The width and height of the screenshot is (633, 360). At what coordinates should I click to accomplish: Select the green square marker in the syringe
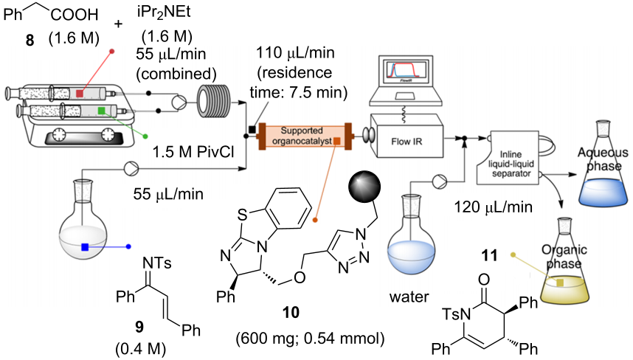(x=100, y=111)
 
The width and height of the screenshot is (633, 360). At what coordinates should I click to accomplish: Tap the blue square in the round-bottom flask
(x=86, y=247)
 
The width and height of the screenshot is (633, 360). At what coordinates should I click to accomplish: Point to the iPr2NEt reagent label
(x=159, y=13)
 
